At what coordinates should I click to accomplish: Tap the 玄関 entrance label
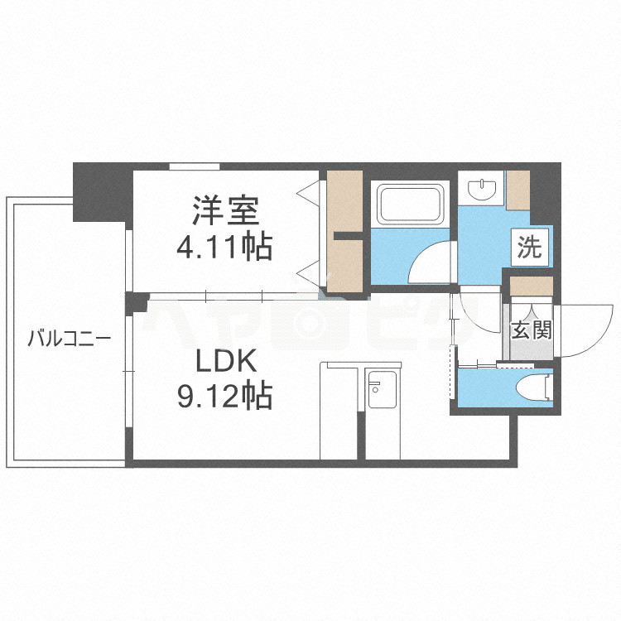tap(530, 331)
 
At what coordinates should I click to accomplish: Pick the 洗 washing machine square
tap(529, 247)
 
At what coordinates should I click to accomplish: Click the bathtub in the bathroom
tap(412, 205)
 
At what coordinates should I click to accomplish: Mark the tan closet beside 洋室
tap(344, 232)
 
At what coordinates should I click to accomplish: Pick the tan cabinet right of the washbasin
tap(519, 190)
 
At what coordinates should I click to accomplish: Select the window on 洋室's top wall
tap(195, 166)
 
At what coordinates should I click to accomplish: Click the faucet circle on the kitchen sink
tap(374, 386)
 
